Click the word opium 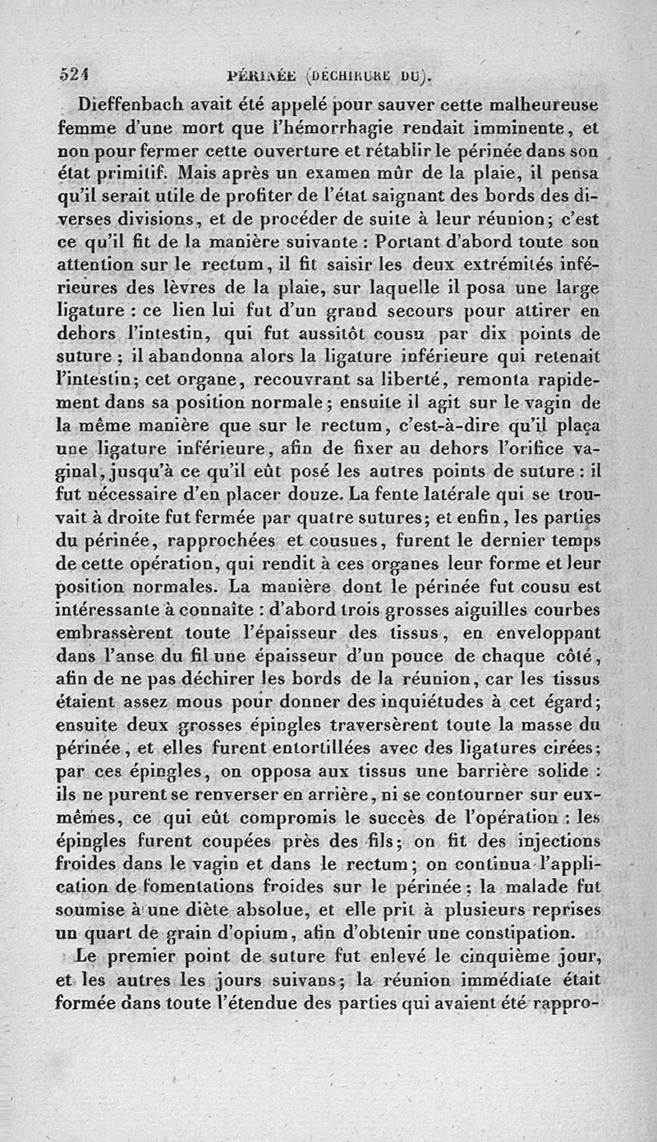270,933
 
